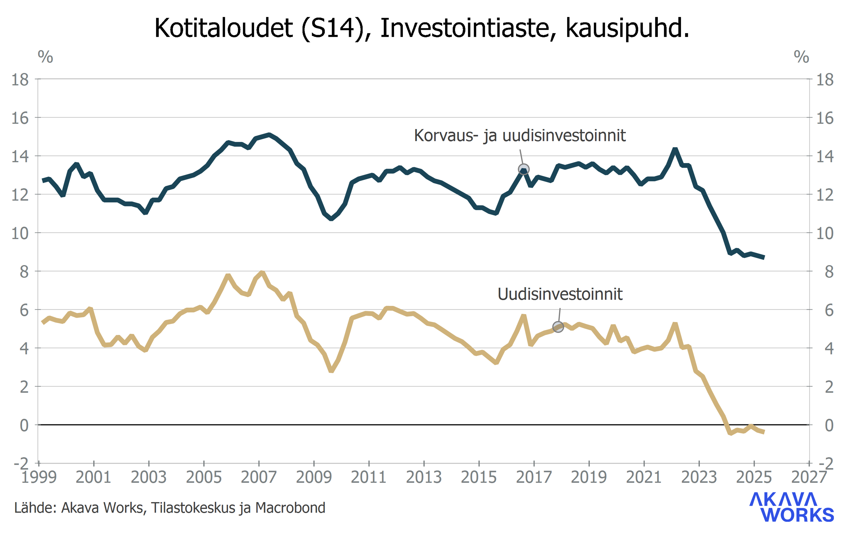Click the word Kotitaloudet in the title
click(223, 28)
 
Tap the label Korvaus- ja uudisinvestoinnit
click(520, 135)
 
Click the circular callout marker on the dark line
click(523, 169)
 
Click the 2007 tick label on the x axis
click(259, 477)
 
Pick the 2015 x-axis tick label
click(479, 477)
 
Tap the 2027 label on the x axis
click(809, 477)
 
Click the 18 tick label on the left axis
click(20, 80)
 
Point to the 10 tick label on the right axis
click(825, 233)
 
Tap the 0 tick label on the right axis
click(829, 425)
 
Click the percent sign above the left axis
click(45, 57)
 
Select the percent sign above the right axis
click(801, 57)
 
